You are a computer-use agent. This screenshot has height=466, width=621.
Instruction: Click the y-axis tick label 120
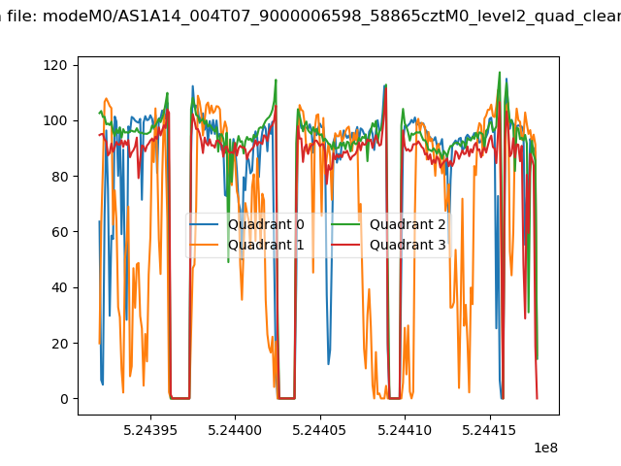[x=55, y=65]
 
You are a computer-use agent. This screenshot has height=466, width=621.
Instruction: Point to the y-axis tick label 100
[x=55, y=120]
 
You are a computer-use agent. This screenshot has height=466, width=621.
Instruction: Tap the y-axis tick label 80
[x=59, y=177]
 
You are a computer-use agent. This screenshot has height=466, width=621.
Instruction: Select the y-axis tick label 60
[x=59, y=232]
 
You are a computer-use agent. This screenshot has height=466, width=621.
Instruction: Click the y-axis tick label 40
[x=59, y=287]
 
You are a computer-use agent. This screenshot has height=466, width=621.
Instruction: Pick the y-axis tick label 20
[x=59, y=343]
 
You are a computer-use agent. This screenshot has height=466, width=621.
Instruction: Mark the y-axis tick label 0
[x=64, y=399]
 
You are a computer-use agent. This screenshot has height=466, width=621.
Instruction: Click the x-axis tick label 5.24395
[x=150, y=430]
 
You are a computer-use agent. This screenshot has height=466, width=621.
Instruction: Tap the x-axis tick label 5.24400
[x=235, y=430]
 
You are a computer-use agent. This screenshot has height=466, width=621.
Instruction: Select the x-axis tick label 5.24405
[x=320, y=430]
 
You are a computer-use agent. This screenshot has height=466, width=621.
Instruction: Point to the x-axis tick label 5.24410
[x=405, y=430]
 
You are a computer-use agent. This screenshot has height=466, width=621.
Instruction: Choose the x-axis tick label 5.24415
[x=490, y=430]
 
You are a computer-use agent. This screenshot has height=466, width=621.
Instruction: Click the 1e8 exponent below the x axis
[x=546, y=448]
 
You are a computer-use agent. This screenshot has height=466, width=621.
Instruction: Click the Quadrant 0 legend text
[x=266, y=224]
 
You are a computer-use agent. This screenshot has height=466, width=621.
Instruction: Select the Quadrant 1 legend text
[x=266, y=245]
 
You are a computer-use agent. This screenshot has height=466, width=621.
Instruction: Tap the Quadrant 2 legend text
[x=408, y=224]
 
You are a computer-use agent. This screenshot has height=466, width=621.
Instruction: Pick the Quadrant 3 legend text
[x=408, y=245]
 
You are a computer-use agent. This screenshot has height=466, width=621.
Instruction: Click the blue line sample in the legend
[x=204, y=224]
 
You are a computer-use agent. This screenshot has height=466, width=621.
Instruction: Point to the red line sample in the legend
[x=345, y=245]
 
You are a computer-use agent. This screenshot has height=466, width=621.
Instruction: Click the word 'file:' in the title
[x=22, y=17]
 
